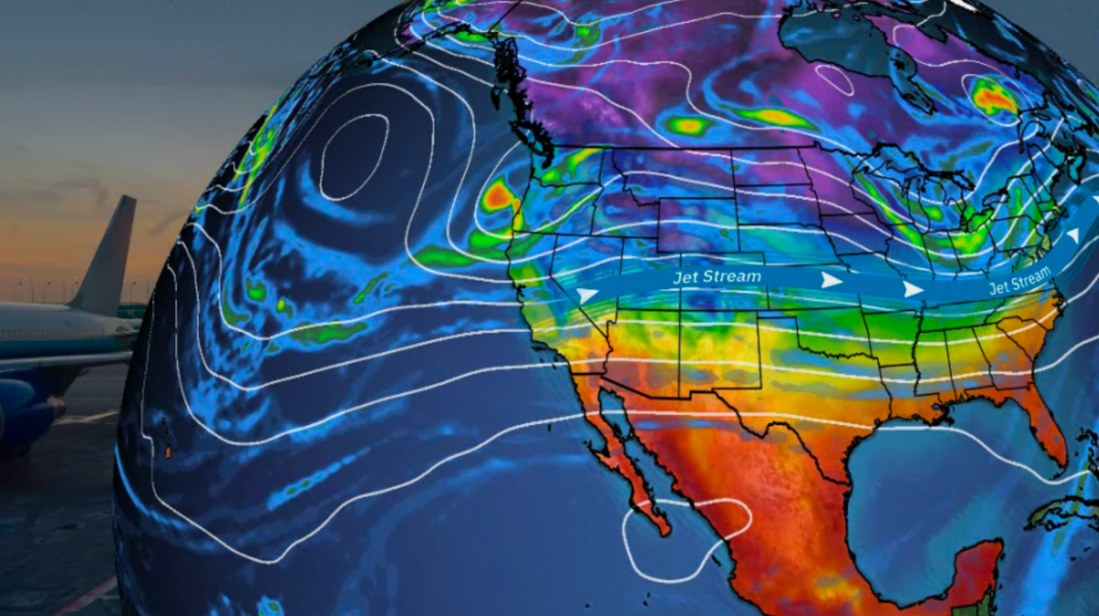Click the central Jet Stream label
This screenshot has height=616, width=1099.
(x=717, y=277)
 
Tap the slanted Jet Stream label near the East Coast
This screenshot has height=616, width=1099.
(x=1020, y=280)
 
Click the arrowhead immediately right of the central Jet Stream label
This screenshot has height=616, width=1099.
(x=831, y=280)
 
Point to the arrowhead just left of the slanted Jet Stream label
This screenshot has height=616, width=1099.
(x=912, y=289)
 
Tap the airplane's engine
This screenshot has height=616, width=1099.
(x=26, y=410)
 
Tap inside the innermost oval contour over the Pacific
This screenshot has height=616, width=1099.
(x=354, y=157)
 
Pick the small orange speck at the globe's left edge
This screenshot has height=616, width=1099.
(x=168, y=452)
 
